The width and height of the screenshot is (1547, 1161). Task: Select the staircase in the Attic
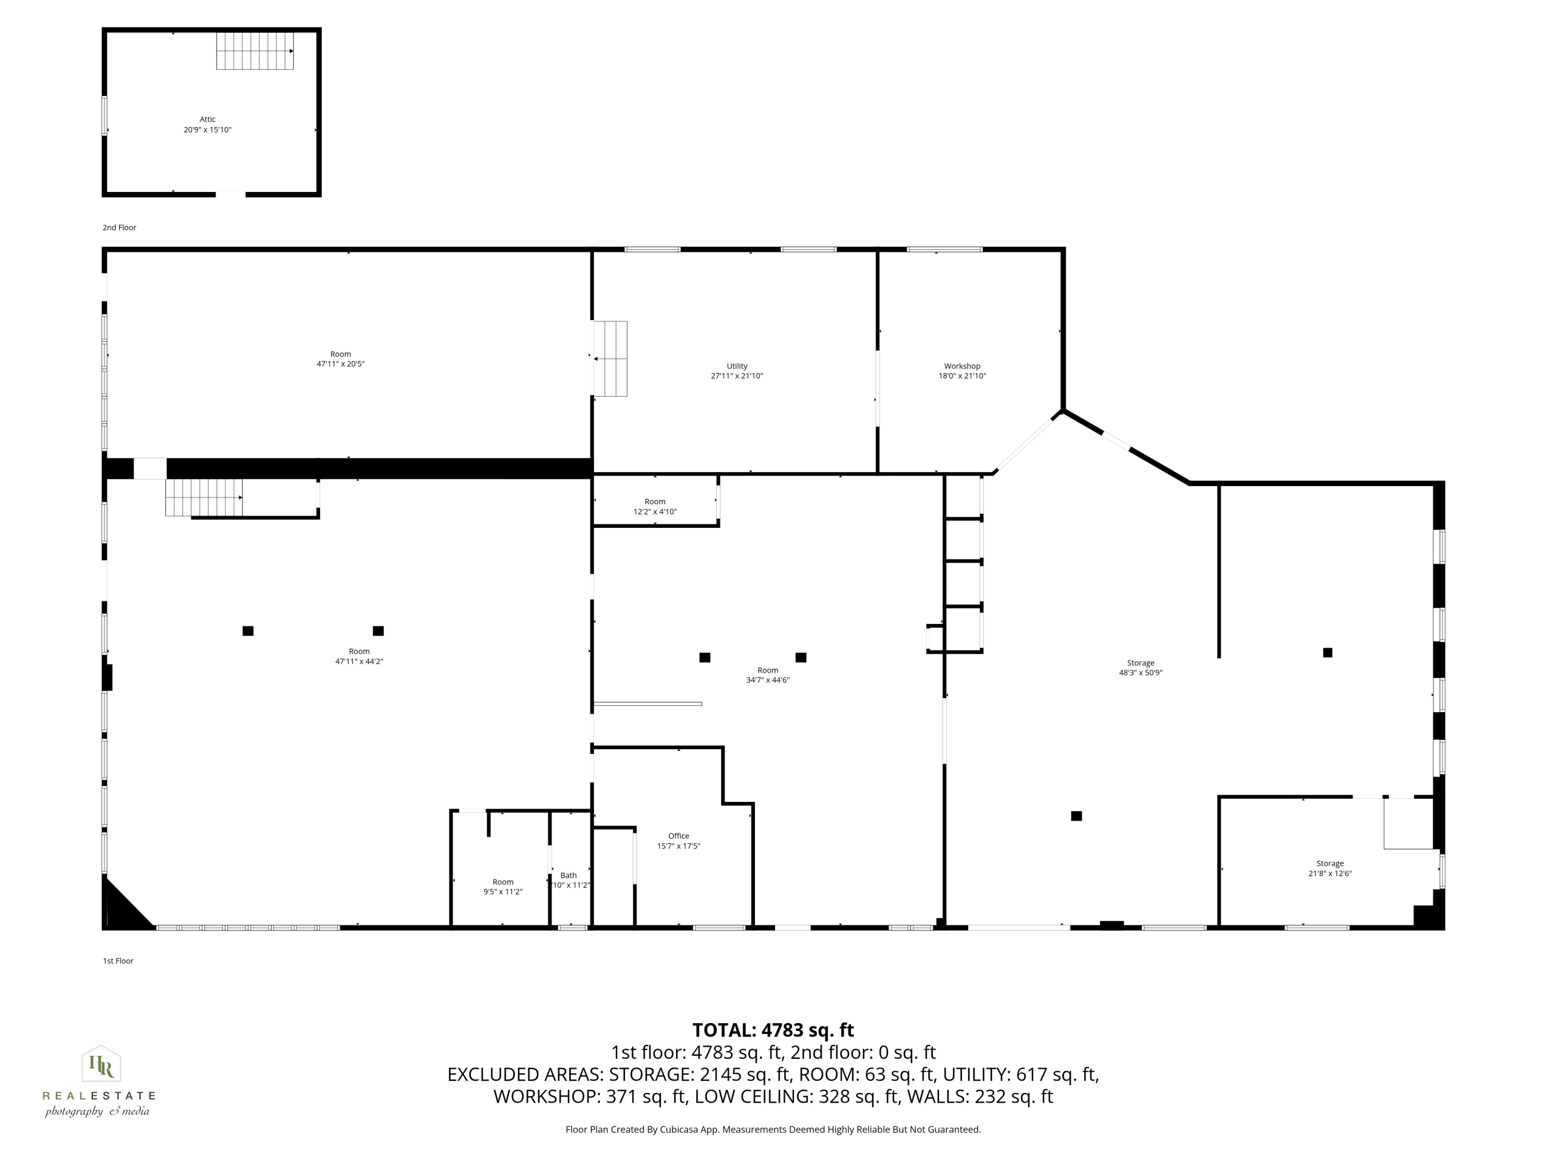pyautogui.click(x=255, y=51)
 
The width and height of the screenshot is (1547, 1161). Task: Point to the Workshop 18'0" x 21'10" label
pyautogui.click(x=962, y=371)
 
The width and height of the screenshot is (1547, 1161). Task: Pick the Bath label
pyautogui.click(x=569, y=876)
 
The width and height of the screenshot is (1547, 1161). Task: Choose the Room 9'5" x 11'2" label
pyautogui.click(x=503, y=886)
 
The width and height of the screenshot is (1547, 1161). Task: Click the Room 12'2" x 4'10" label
pyautogui.click(x=654, y=506)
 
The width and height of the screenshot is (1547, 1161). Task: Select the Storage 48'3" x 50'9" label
pyautogui.click(x=1140, y=668)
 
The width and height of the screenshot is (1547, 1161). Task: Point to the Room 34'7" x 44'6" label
pyautogui.click(x=767, y=674)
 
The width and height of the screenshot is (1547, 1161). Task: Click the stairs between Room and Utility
pyautogui.click(x=611, y=358)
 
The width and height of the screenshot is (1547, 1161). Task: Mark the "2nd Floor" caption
pyautogui.click(x=120, y=228)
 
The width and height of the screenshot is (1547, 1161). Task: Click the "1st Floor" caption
pyautogui.click(x=118, y=961)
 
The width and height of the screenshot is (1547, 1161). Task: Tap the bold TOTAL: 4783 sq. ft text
pyautogui.click(x=773, y=1030)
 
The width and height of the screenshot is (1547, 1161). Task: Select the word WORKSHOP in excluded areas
pyautogui.click(x=546, y=1096)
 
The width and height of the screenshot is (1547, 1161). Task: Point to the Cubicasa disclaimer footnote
pyautogui.click(x=773, y=1130)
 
